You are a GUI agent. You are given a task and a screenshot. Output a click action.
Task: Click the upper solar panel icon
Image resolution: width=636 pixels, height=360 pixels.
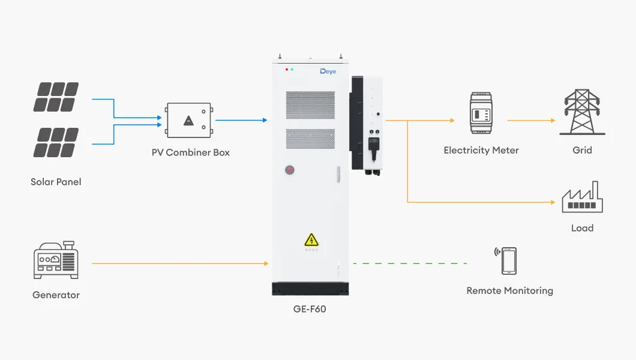[x=56, y=97]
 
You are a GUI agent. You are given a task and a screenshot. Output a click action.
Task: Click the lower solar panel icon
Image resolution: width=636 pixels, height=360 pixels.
[x=56, y=142]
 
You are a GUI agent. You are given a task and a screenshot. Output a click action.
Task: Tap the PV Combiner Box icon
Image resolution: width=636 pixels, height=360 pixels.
[x=190, y=121]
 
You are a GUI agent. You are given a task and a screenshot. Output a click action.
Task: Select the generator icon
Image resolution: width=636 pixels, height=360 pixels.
[x=56, y=261]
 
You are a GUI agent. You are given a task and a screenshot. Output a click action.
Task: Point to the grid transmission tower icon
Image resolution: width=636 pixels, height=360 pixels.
[x=581, y=112]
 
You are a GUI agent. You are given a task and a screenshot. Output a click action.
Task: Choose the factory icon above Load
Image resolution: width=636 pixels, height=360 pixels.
[x=581, y=197]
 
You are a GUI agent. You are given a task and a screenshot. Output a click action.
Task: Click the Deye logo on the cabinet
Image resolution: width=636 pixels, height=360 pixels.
[x=328, y=71]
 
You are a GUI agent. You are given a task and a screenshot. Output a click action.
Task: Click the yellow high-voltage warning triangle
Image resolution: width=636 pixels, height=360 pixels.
[x=311, y=240]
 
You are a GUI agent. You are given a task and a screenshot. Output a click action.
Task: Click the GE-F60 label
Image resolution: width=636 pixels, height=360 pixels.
[x=310, y=310]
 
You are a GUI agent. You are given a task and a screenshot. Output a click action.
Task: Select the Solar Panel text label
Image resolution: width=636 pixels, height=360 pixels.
[x=56, y=181]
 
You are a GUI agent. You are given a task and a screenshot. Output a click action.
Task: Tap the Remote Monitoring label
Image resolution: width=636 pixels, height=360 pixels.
[x=509, y=290]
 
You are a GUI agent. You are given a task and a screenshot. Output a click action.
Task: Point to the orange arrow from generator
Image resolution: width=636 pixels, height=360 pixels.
[x=180, y=263]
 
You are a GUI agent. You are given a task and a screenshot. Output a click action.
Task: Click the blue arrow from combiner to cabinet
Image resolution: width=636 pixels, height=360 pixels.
[x=240, y=120]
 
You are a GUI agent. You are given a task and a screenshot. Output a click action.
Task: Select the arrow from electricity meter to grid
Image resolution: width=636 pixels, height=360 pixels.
[x=530, y=120]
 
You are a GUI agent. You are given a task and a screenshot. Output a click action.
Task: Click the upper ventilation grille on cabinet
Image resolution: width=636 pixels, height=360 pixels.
[x=310, y=105]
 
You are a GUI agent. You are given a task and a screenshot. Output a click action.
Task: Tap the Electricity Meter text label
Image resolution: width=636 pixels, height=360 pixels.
[x=481, y=150]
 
